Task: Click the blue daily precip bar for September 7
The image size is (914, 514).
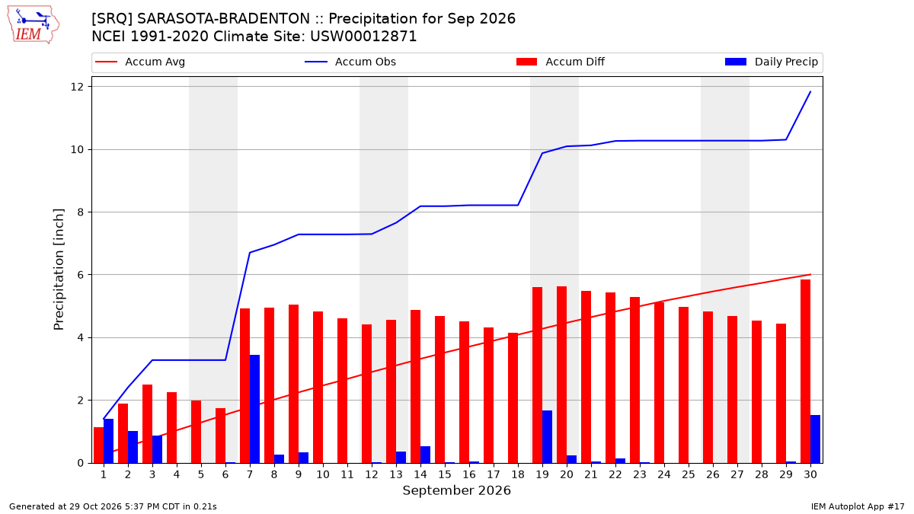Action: click(x=254, y=409)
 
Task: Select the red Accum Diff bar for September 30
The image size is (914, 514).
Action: click(x=805, y=372)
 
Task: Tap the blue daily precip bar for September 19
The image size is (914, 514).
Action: click(x=547, y=436)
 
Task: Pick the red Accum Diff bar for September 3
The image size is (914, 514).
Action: click(x=147, y=424)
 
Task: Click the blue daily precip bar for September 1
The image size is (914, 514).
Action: click(x=108, y=441)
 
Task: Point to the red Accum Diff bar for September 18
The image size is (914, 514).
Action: click(x=513, y=397)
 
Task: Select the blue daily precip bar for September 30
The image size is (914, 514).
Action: click(x=815, y=439)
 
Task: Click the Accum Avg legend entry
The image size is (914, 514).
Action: click(x=140, y=62)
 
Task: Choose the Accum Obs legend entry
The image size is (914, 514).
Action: click(x=350, y=62)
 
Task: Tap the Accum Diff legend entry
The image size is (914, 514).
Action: click(x=561, y=62)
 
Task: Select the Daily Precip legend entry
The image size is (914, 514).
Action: click(x=771, y=62)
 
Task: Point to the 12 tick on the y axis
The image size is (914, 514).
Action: click(x=77, y=87)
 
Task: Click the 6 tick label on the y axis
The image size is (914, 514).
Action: click(x=81, y=275)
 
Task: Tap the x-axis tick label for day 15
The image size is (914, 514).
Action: click(x=445, y=475)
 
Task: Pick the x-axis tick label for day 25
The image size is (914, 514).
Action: click(x=689, y=475)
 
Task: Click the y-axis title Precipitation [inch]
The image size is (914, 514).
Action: click(x=59, y=270)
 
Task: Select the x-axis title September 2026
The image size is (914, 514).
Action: click(x=456, y=490)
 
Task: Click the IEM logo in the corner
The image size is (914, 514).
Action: click(x=33, y=25)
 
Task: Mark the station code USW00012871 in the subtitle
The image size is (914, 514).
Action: click(x=363, y=37)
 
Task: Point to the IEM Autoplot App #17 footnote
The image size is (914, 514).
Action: click(x=858, y=506)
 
